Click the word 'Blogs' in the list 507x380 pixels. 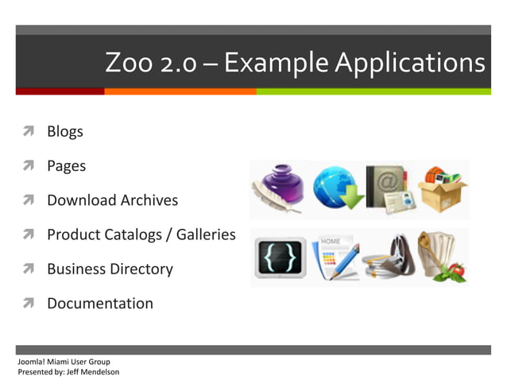click(x=65, y=132)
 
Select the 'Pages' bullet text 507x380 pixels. click(x=66, y=166)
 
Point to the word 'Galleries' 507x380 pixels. click(x=203, y=235)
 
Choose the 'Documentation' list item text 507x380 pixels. click(x=100, y=303)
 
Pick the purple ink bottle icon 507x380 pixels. click(x=278, y=189)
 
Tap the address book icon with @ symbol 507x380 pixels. click(x=388, y=189)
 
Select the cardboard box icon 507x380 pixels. click(x=442, y=189)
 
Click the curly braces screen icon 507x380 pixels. click(x=280, y=258)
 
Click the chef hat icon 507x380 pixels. click(x=442, y=258)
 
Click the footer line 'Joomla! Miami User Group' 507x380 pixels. click(x=64, y=362)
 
